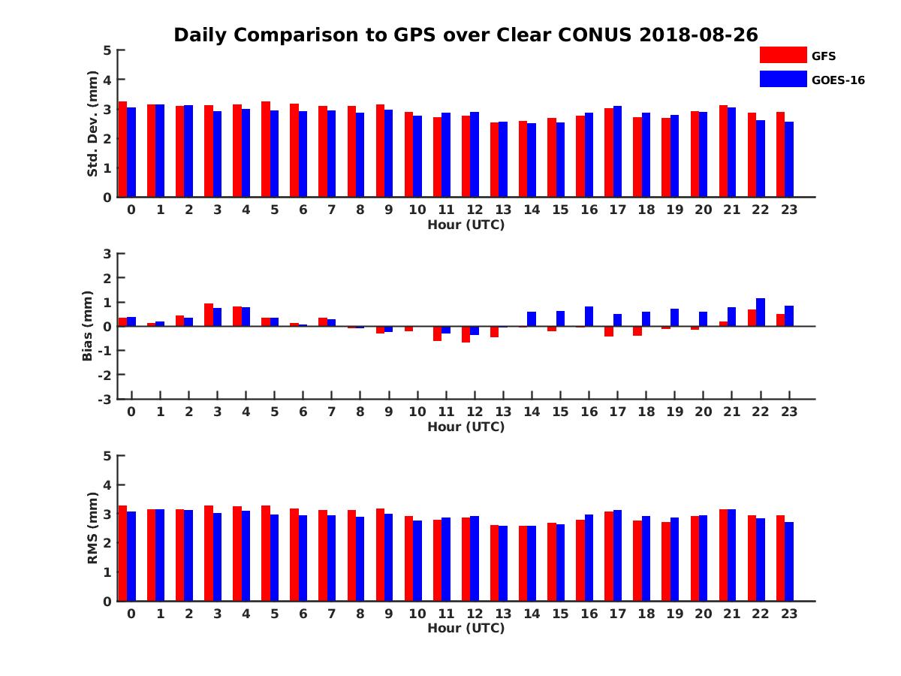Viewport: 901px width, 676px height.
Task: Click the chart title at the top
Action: click(x=466, y=35)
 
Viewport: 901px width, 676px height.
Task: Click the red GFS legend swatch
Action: click(x=782, y=55)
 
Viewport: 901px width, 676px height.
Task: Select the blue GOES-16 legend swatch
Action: click(x=782, y=79)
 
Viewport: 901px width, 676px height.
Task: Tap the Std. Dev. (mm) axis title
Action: click(x=92, y=124)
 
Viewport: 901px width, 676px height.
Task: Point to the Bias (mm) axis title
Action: click(x=88, y=326)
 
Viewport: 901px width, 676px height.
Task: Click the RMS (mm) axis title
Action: click(x=92, y=528)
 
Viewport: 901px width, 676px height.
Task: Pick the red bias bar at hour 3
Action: click(x=209, y=315)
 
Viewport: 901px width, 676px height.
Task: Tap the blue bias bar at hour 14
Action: click(x=532, y=319)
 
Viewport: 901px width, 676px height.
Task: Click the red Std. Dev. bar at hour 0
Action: click(x=123, y=149)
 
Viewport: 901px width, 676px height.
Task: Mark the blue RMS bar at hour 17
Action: click(x=617, y=555)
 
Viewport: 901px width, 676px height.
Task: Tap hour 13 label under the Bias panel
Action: click(x=502, y=412)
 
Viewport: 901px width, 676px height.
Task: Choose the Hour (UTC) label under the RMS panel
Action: click(x=466, y=628)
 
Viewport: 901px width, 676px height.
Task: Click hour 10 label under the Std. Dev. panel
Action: click(x=417, y=210)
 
